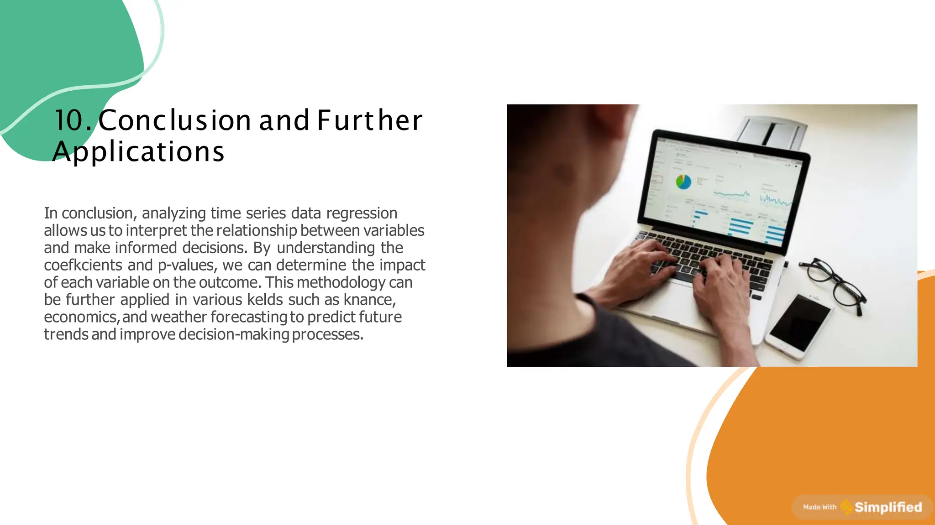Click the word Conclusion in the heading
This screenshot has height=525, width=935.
point(175,120)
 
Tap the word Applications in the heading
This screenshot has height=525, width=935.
point(138,151)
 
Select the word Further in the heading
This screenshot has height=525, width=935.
point(370,120)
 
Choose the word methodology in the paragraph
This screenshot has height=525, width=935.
point(341,282)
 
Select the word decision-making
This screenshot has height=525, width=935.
point(234,334)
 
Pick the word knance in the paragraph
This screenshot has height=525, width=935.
point(369,300)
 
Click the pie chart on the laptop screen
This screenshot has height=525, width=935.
point(683,182)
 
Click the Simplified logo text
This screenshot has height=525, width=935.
point(888,507)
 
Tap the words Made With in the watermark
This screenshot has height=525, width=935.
point(819,507)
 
